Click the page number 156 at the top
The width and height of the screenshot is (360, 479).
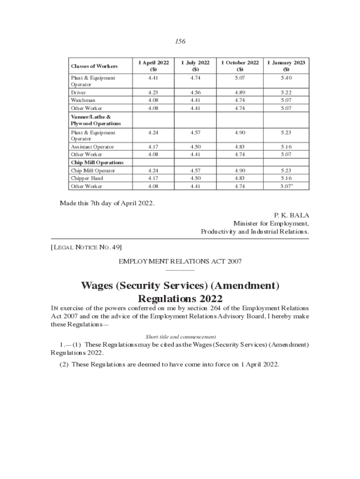180,42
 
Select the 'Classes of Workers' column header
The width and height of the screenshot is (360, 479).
94,66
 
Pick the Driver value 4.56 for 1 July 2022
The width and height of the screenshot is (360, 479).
196,93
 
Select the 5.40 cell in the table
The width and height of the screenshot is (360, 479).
286,78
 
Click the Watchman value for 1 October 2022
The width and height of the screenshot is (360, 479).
239,100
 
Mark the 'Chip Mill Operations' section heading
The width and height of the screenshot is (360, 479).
97,162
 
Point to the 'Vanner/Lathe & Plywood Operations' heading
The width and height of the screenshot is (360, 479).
95,120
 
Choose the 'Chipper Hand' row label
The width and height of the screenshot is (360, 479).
87,178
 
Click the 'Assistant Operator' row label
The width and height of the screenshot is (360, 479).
92,147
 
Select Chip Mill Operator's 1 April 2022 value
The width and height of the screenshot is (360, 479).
152,171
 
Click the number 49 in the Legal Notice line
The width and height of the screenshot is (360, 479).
116,247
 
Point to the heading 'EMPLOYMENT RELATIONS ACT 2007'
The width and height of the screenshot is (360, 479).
180,261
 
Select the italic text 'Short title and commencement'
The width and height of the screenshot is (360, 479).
180,336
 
